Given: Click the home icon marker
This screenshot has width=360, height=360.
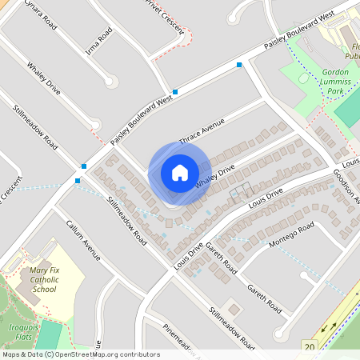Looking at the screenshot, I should click(x=179, y=173).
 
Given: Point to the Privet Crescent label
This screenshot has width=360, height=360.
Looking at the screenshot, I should click(x=165, y=15).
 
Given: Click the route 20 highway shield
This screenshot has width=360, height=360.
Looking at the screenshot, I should click(x=309, y=346).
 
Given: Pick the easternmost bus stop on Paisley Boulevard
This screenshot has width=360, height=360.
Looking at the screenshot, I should click(x=239, y=64).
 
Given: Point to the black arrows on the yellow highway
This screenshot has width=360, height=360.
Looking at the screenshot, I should click(x=329, y=327).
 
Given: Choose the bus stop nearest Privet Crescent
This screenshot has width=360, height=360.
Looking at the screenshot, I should click(x=175, y=92).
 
